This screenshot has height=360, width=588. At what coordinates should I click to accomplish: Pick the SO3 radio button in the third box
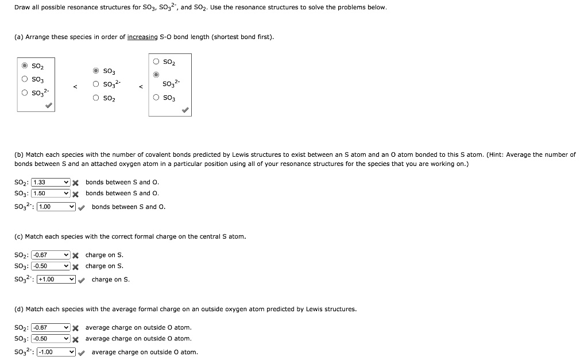pos(156,98)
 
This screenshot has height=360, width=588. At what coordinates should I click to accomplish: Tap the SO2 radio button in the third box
pos(156,61)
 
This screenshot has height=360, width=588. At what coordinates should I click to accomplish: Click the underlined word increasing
pos(142,37)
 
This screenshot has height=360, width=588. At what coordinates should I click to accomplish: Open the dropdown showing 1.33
pos(51,183)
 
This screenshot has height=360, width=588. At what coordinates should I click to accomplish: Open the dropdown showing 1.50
pos(51,193)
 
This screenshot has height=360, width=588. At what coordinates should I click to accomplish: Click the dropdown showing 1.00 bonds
pos(56,207)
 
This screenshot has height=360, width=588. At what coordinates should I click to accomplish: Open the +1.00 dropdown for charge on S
pos(56,280)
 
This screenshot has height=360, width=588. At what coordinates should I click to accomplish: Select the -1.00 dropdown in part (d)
pos(56,352)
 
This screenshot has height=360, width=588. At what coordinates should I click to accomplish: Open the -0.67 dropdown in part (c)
pos(51,255)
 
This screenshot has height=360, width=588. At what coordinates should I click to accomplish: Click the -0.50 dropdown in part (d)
pos(51,339)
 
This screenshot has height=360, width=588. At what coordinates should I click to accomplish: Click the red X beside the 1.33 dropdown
pos(75,183)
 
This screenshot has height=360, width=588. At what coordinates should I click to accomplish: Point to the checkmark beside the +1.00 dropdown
pos(82,280)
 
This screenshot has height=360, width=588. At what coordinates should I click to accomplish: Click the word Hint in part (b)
pos(495,155)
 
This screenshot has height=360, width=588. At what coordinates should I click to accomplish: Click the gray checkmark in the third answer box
pos(185,111)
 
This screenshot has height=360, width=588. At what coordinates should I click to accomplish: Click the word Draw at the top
pos(22,7)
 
